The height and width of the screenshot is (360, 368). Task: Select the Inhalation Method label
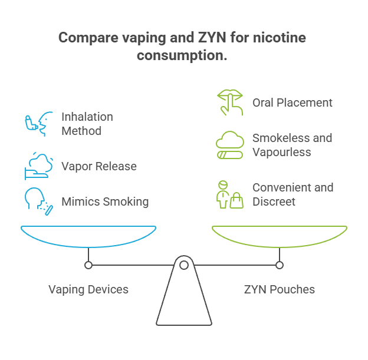pyautogui.click(x=87, y=124)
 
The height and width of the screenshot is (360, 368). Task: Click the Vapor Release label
pyautogui.click(x=99, y=166)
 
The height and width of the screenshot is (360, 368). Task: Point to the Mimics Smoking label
pyautogui.click(x=105, y=202)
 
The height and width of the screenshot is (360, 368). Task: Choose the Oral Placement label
pyautogui.click(x=293, y=103)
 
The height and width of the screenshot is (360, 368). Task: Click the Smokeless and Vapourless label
pyautogui.click(x=293, y=145)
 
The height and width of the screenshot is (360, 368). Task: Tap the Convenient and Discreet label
pyautogui.click(x=293, y=194)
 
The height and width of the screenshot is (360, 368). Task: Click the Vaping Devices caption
pyautogui.click(x=88, y=289)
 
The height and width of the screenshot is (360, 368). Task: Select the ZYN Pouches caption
pyautogui.click(x=280, y=289)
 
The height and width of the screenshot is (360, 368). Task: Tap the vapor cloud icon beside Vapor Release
pyautogui.click(x=37, y=166)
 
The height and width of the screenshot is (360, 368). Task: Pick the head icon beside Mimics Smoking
pyautogui.click(x=37, y=201)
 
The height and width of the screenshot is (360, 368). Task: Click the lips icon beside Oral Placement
pyautogui.click(x=228, y=102)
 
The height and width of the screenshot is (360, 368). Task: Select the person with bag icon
pyautogui.click(x=228, y=194)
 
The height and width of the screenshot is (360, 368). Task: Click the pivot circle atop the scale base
pyautogui.click(x=184, y=265)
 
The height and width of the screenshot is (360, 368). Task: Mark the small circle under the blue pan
pyautogui.click(x=88, y=265)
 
